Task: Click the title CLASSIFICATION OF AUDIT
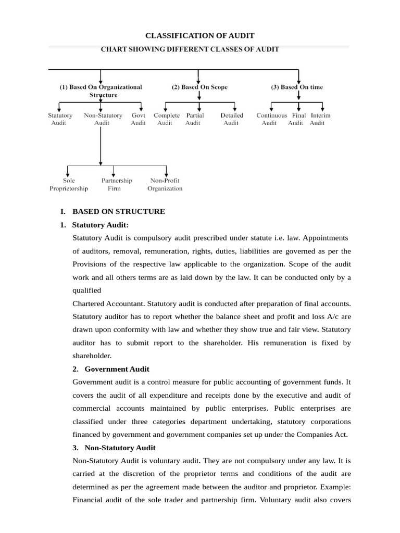pyautogui.click(x=199, y=36)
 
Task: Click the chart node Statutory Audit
pyautogui.click(x=60, y=119)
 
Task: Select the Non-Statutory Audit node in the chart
pyautogui.click(x=103, y=119)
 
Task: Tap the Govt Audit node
pyautogui.click(x=139, y=119)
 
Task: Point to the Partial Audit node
pyautogui.click(x=194, y=119)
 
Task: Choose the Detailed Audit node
pyautogui.click(x=231, y=119)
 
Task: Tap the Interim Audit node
pyautogui.click(x=319, y=119)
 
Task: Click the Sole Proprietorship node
pyautogui.click(x=69, y=185)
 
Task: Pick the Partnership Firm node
pyautogui.click(x=116, y=185)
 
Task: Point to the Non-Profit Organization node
pyautogui.click(x=165, y=185)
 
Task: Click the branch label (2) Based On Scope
pyautogui.click(x=199, y=87)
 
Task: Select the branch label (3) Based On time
pyautogui.click(x=297, y=87)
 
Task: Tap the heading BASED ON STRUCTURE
pyautogui.click(x=118, y=211)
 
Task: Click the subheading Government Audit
pyautogui.click(x=117, y=369)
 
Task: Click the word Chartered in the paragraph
pyautogui.click(x=91, y=303)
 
